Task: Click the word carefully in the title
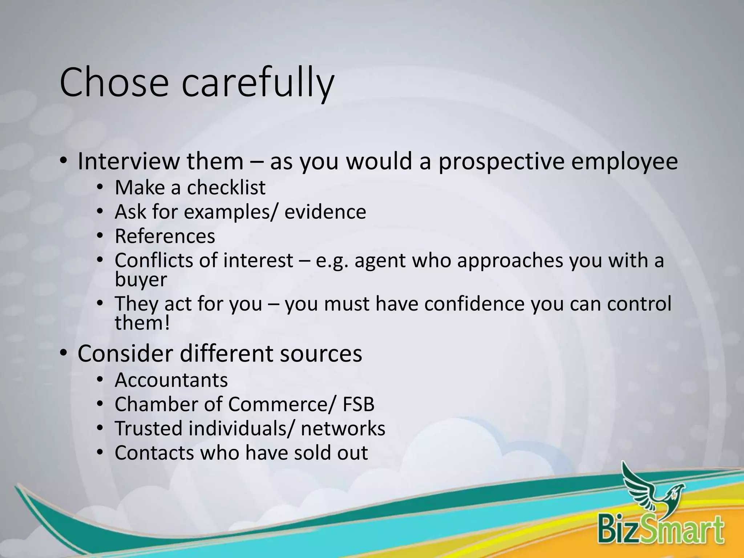[x=257, y=84]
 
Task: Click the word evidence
[x=325, y=212]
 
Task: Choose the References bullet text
[x=165, y=236]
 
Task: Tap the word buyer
[x=141, y=280]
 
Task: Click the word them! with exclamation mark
[x=142, y=323]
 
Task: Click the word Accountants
[x=171, y=380]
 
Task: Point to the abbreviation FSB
[x=358, y=404]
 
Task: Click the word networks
[x=343, y=429]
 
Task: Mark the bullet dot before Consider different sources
[x=64, y=353]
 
